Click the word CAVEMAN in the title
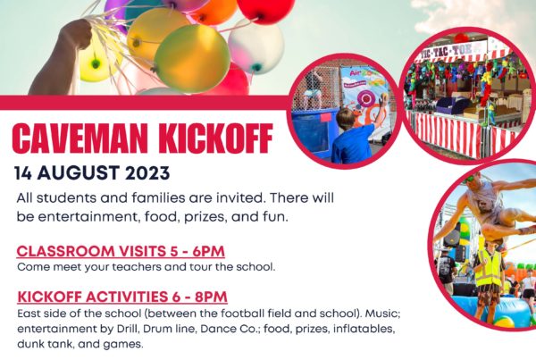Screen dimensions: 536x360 [x=80, y=138]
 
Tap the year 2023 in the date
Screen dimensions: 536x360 [x=147, y=173]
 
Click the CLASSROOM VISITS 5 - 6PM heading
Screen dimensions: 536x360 [x=121, y=251]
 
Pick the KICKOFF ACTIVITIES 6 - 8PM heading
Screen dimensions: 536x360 [x=122, y=297]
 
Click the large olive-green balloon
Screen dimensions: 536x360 [x=192, y=58]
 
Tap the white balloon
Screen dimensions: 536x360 [x=255, y=46]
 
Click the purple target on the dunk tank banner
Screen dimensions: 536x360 [x=365, y=99]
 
